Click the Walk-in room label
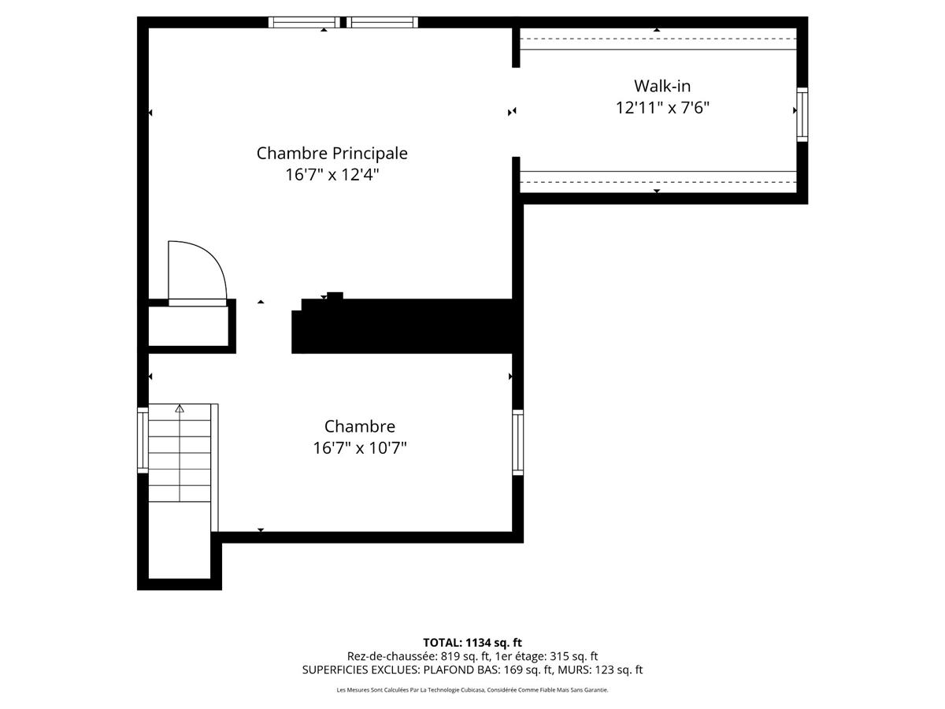click(x=662, y=86)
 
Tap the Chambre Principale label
click(x=332, y=153)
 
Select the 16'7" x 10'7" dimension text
click(x=359, y=448)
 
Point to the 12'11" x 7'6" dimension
click(x=662, y=108)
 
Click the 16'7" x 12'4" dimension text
click(x=332, y=175)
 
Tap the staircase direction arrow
click(x=180, y=408)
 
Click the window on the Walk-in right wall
click(x=802, y=113)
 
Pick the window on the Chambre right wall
click(x=517, y=442)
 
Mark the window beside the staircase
click(x=143, y=440)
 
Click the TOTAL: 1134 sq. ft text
click(x=472, y=643)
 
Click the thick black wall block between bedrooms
click(x=406, y=325)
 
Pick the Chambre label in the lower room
click(x=359, y=426)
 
